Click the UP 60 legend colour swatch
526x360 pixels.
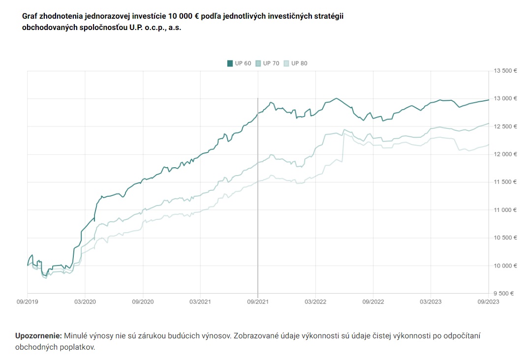click(x=230, y=63)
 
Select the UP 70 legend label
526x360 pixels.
click(x=271, y=63)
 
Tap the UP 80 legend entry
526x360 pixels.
click(x=296, y=63)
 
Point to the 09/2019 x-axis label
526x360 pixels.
click(x=27, y=301)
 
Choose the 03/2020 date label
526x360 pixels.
click(x=85, y=301)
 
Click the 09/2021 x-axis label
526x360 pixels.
click(x=258, y=301)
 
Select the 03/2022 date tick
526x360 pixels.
click(x=315, y=301)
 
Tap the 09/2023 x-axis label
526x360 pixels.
click(x=489, y=301)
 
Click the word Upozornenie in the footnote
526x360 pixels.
click(x=38, y=336)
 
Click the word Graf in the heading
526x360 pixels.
click(x=30, y=16)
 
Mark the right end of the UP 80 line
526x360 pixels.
click(x=489, y=145)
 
